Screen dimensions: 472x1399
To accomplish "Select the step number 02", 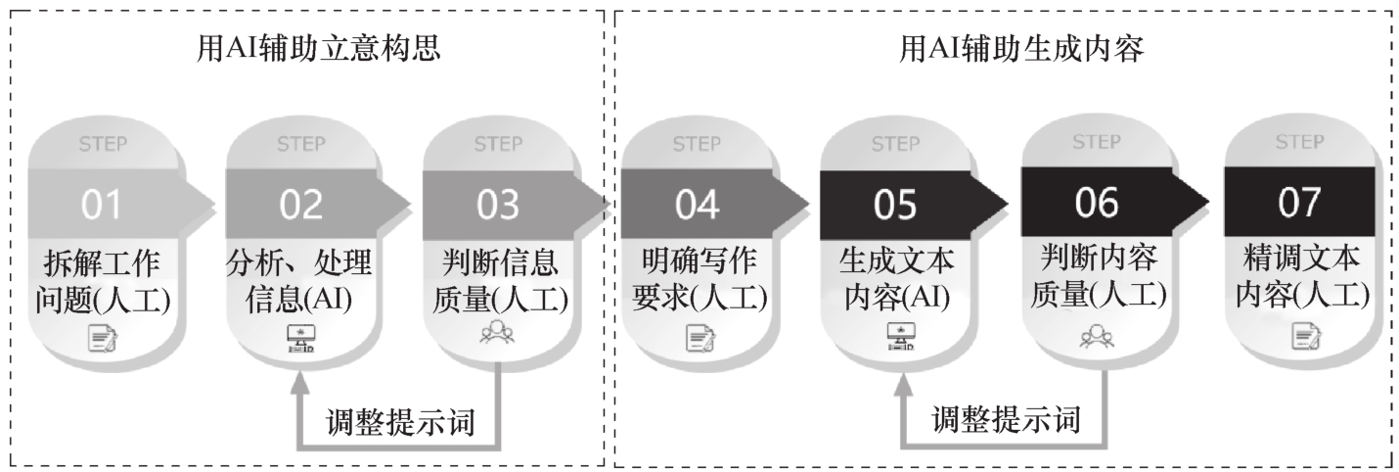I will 301,205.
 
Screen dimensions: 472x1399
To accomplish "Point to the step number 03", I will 498,205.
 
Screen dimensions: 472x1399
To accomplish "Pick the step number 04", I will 697,205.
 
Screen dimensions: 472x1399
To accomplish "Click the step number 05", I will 895,205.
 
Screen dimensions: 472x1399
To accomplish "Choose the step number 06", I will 1095,203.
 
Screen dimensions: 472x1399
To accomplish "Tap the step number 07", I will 1297,203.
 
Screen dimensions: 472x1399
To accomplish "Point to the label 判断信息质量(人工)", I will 500,280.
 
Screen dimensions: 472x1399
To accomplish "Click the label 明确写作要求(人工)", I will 698,280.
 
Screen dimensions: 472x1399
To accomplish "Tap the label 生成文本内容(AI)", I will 896,280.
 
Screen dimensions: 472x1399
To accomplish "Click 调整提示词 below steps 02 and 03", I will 401,422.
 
